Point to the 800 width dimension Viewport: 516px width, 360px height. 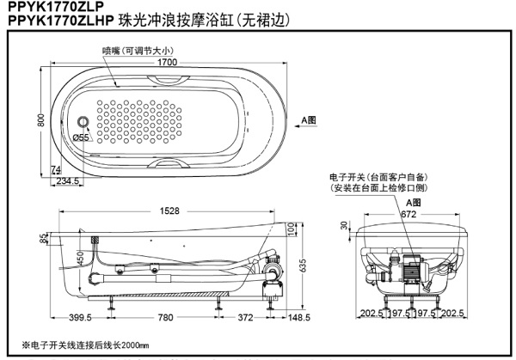pos(40,121)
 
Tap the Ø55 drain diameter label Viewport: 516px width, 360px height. pos(81,137)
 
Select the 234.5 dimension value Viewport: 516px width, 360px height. pos(68,181)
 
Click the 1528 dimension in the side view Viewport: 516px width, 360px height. pos(167,211)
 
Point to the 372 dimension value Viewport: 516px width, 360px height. pos(246,318)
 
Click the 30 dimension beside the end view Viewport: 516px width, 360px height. pos(344,226)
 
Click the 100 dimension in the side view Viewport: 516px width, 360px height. pos(291,230)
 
